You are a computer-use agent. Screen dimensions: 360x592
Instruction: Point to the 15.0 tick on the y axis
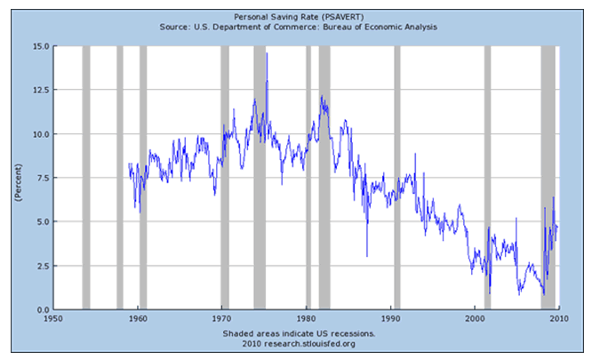[39, 46]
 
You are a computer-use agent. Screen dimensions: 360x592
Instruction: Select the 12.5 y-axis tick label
[39, 90]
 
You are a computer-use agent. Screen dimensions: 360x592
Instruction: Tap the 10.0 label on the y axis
[39, 134]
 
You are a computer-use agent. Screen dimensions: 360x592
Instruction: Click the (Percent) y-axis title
[18, 178]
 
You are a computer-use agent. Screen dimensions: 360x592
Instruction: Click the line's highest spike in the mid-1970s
[267, 55]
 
